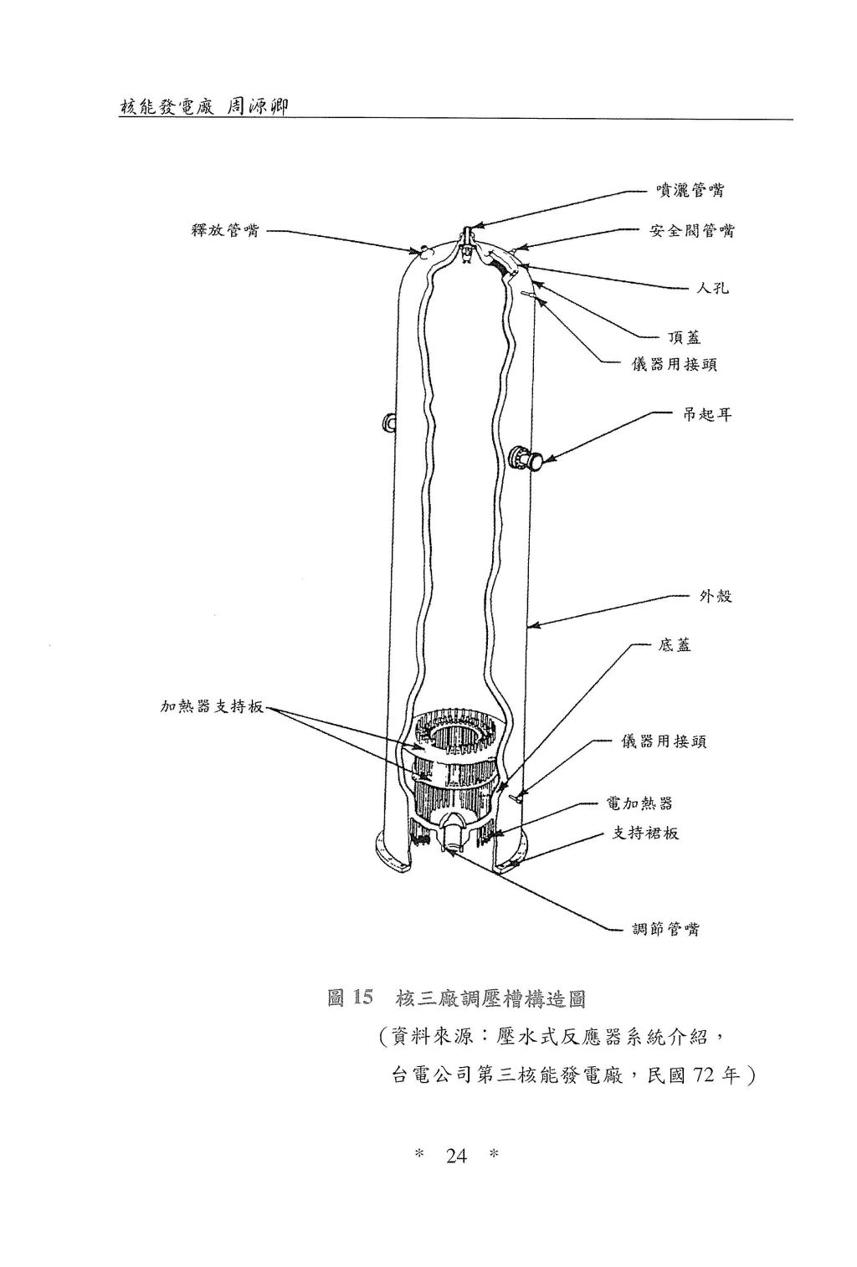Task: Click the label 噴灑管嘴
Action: click(690, 191)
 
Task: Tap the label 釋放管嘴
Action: click(224, 231)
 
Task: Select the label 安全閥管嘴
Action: click(691, 231)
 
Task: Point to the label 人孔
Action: click(712, 289)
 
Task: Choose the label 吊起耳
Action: click(706, 414)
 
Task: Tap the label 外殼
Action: click(716, 596)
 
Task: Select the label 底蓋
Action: click(675, 645)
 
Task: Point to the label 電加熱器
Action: click(639, 803)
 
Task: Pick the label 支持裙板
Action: click(645, 833)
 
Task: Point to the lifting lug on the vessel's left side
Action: click(388, 422)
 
